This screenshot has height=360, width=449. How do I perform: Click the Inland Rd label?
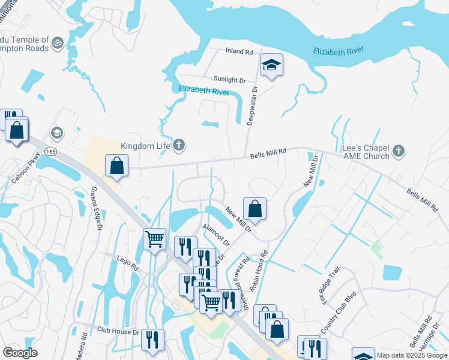[239, 52]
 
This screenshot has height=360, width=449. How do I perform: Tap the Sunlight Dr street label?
[230, 79]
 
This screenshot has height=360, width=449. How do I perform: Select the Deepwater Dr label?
[253, 105]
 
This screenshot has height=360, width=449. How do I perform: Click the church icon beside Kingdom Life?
[179, 145]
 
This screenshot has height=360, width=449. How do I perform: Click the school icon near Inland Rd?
[271, 65]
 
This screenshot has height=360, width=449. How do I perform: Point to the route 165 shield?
[50, 152]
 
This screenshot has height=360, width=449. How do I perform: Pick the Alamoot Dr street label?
[216, 235]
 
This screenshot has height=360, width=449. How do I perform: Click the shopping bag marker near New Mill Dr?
[255, 208]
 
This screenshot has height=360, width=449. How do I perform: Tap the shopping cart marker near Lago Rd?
[155, 239]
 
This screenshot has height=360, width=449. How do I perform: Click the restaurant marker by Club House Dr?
[152, 339]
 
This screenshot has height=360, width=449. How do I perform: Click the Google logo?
[20, 353]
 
